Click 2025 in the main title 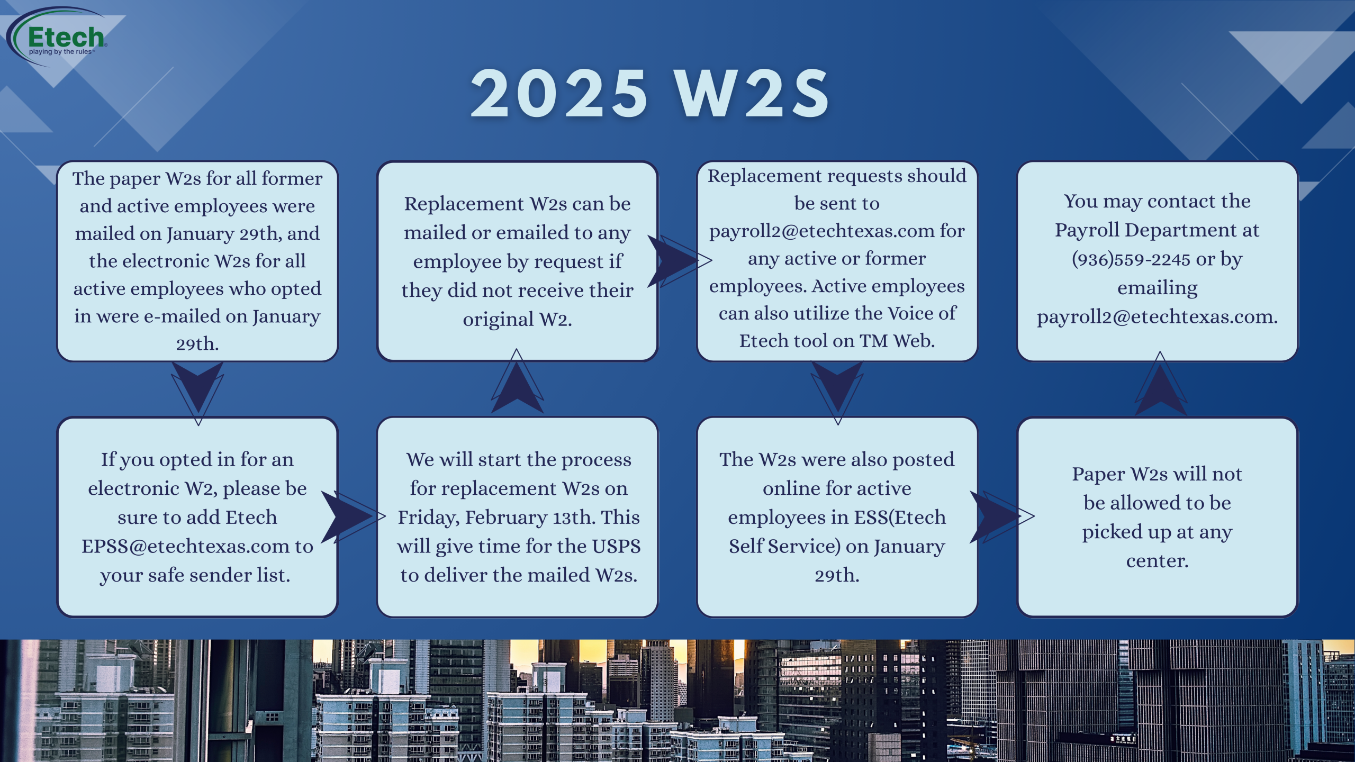pos(559,94)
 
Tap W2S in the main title pos(752,94)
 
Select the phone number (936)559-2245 pos(1131,259)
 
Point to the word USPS pos(616,546)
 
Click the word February pos(506,518)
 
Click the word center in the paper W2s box pos(1157,561)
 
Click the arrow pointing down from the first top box pos(197,393)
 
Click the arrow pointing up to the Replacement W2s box pos(517,381)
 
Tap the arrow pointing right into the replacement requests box pos(680,261)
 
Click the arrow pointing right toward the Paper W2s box pos(1001,516)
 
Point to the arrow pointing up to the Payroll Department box pos(1160,383)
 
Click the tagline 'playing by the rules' pos(61,52)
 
